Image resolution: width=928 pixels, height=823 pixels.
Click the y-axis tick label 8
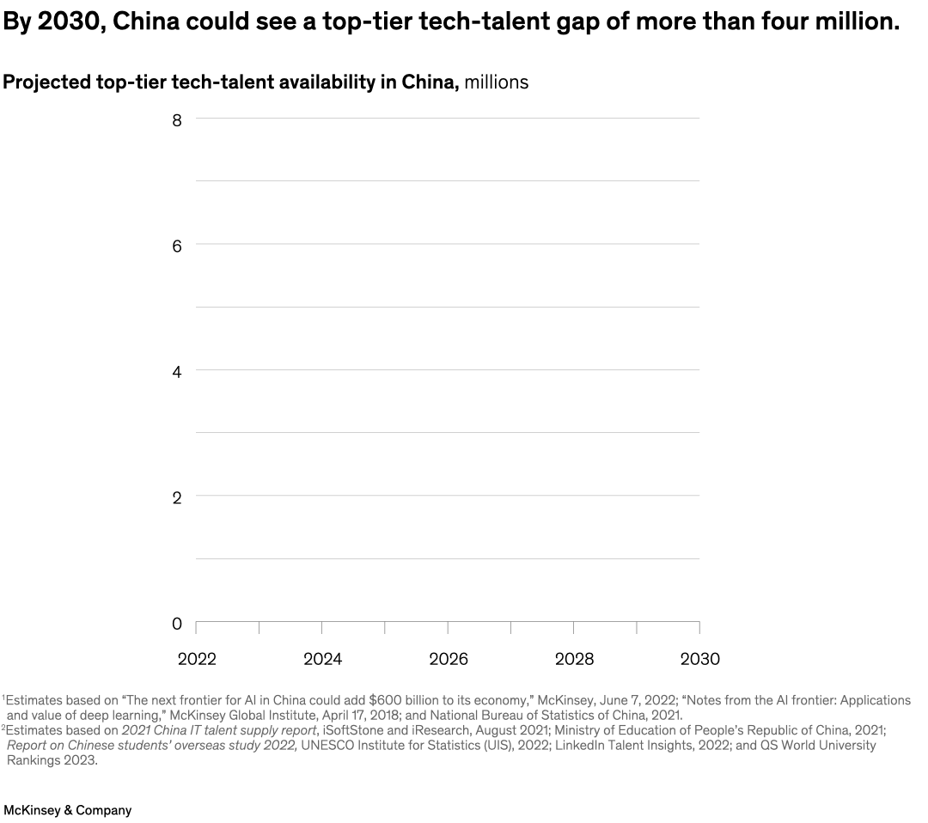pyautogui.click(x=176, y=120)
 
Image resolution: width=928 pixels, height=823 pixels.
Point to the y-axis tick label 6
pyautogui.click(x=176, y=246)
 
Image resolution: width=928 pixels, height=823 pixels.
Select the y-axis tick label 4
pyautogui.click(x=176, y=372)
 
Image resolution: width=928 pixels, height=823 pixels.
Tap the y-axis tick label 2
pyautogui.click(x=176, y=497)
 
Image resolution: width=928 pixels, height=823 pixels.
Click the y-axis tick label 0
pyautogui.click(x=176, y=623)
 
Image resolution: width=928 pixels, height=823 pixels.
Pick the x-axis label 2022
pyautogui.click(x=197, y=659)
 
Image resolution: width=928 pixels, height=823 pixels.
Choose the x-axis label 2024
pyautogui.click(x=322, y=659)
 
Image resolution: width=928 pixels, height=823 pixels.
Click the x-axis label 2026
pyautogui.click(x=448, y=659)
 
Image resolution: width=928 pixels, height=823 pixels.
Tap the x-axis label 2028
pyautogui.click(x=574, y=659)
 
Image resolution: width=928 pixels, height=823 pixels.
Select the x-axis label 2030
pyautogui.click(x=699, y=659)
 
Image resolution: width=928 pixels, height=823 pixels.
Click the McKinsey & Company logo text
pyautogui.click(x=68, y=810)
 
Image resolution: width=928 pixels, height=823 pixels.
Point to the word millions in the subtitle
pyautogui.click(x=497, y=82)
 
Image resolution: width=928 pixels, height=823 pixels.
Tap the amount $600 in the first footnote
pyautogui.click(x=386, y=700)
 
